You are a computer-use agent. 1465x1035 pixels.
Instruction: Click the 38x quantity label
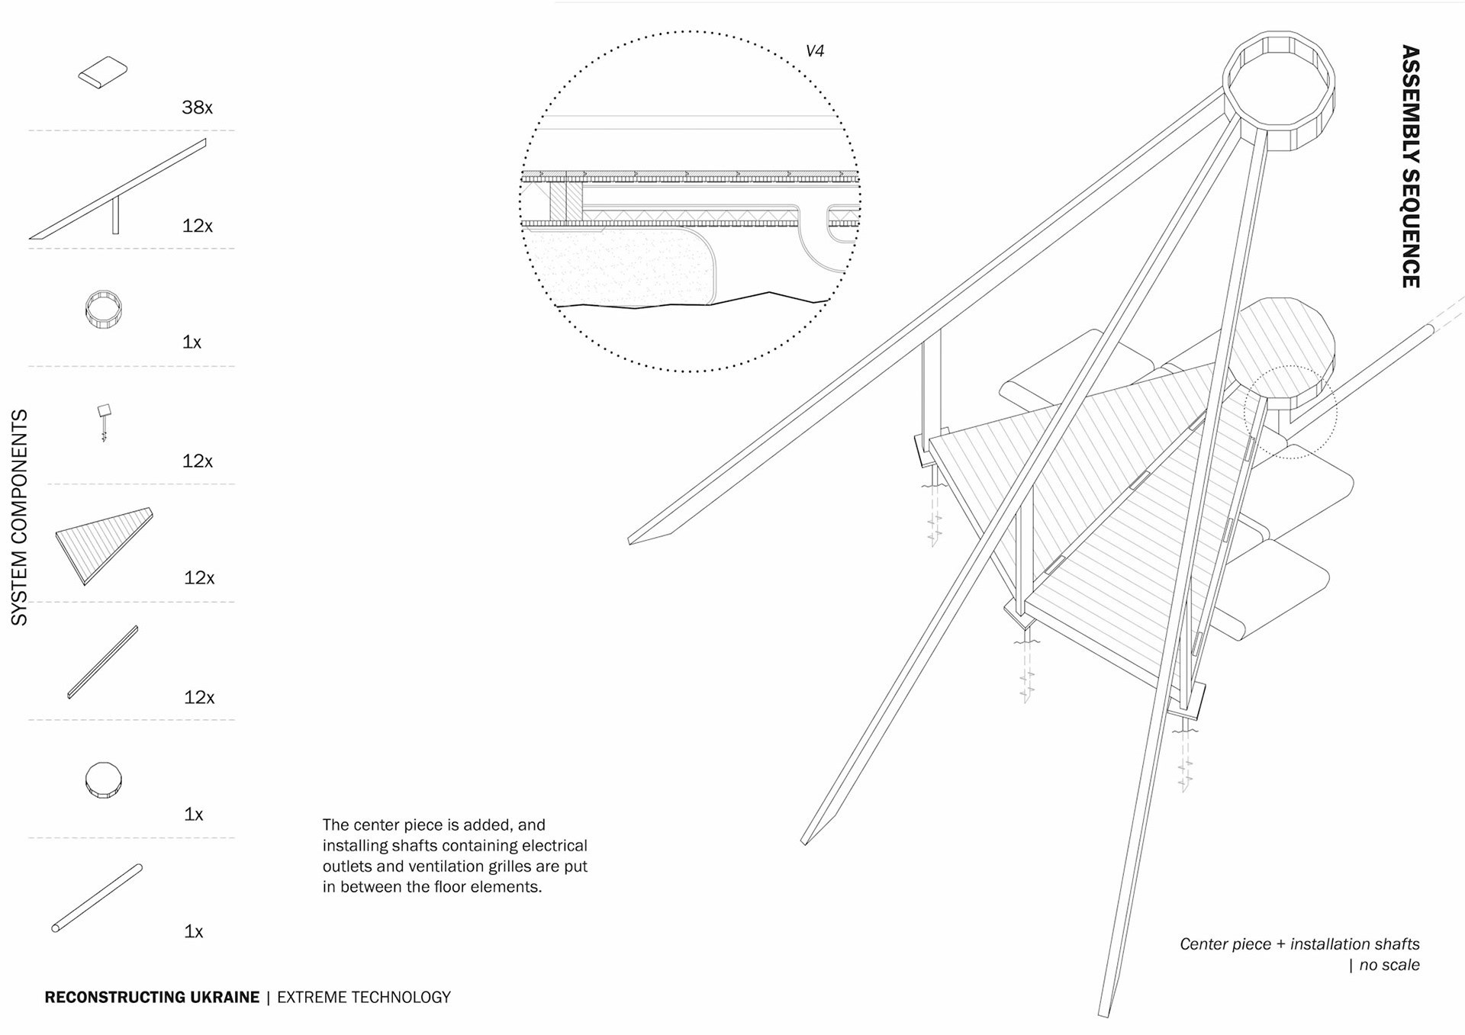point(197,108)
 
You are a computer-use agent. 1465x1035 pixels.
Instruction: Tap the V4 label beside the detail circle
point(815,51)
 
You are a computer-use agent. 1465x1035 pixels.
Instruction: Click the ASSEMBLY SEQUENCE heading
point(1410,166)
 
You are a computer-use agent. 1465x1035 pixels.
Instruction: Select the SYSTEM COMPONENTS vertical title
point(19,518)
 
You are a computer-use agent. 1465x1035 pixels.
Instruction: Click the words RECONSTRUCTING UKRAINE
point(152,997)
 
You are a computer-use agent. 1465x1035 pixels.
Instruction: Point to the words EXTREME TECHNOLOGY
point(364,997)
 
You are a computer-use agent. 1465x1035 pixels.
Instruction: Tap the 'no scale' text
point(1389,965)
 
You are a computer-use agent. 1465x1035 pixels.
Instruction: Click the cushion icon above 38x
point(103,72)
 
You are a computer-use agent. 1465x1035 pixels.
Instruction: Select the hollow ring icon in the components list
point(103,309)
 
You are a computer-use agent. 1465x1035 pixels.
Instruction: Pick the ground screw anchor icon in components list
point(104,421)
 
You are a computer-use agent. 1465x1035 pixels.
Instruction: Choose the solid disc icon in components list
point(103,779)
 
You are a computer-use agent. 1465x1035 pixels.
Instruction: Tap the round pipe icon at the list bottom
point(97,898)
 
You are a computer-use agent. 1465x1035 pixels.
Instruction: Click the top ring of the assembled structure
point(1279,90)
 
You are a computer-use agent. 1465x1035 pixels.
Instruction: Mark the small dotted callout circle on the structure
point(1290,412)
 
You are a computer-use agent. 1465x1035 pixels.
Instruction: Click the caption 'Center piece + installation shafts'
point(1299,943)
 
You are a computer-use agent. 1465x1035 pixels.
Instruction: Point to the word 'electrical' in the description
point(555,845)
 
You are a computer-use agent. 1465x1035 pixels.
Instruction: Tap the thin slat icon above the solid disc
point(103,661)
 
